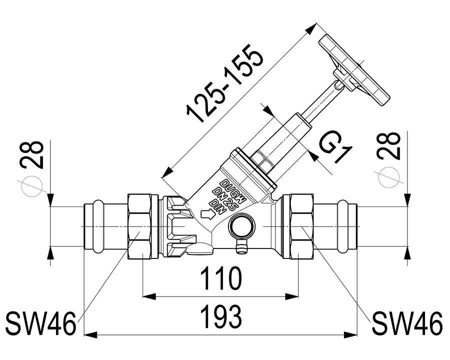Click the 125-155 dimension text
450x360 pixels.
(224, 83)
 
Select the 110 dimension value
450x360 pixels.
(221, 278)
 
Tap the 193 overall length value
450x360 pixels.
(221, 316)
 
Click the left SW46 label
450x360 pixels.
(41, 323)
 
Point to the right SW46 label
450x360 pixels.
(408, 323)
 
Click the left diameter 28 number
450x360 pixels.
(32, 155)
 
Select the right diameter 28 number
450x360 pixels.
(389, 146)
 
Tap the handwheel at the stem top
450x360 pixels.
(354, 70)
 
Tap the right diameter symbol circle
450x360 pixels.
(389, 176)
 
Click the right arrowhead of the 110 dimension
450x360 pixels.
(292, 296)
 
